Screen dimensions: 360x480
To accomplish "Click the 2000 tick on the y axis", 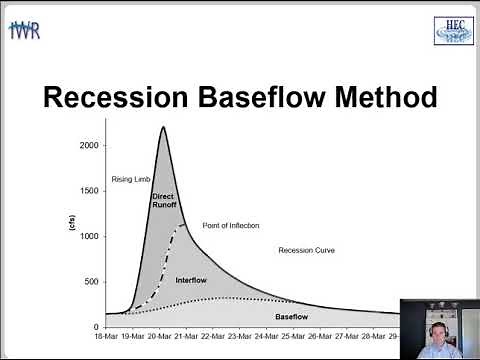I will point(89,145).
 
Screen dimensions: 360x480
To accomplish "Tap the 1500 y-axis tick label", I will point(89,191).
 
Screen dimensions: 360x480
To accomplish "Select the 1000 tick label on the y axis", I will point(89,236).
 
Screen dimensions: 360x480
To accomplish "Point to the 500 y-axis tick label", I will point(92,281).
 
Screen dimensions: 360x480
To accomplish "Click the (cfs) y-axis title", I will point(70,225).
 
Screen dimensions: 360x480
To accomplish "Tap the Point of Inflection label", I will point(230,225).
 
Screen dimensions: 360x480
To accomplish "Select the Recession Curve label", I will point(306,251).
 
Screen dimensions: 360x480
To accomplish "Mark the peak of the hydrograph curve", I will point(162,127).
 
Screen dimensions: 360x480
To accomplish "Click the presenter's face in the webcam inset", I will point(437,325).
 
